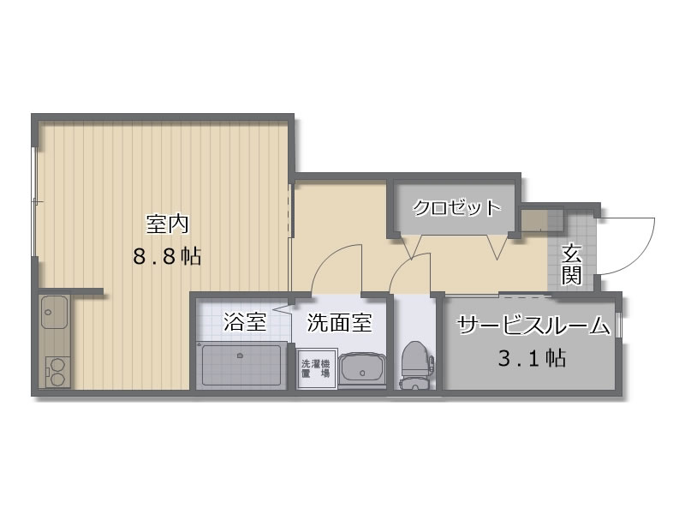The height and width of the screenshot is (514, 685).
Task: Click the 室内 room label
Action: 167,224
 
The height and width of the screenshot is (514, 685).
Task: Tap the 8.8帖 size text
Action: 167,256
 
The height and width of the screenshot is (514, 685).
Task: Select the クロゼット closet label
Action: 456,207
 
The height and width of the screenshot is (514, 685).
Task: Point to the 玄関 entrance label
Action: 571,265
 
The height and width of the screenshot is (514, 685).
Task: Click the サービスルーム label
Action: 533,326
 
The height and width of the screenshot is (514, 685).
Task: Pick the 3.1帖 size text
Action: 532,358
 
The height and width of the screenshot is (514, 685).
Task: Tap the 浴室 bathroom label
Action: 245,322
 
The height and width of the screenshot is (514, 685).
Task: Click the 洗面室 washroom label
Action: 339,323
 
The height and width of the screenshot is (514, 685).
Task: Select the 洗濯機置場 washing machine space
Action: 316,368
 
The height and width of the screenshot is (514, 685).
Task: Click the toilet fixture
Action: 416,366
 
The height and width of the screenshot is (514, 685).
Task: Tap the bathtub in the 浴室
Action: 241,365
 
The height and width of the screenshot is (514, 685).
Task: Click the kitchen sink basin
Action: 55,312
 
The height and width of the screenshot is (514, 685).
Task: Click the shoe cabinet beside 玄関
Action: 542,221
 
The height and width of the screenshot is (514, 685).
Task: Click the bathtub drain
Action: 240,356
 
